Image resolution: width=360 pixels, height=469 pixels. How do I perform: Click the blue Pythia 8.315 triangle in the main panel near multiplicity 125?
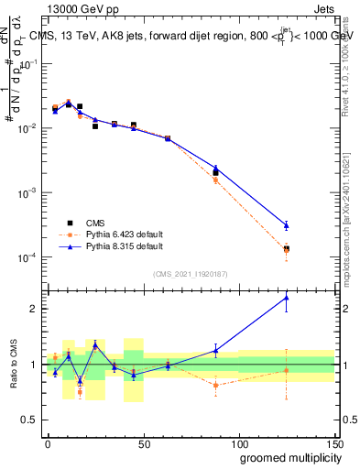coord(286,225)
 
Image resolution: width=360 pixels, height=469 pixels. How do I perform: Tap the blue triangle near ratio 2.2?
coord(286,297)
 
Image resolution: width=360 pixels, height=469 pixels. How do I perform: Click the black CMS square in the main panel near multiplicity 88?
coord(215,172)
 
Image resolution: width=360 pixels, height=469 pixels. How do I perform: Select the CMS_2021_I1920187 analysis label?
coord(189,273)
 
